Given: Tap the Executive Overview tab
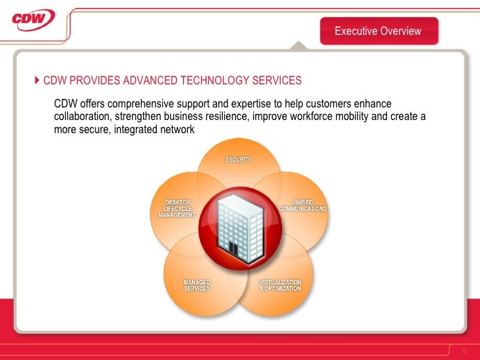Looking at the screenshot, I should click(378, 31).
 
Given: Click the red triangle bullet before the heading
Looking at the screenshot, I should click(37, 80).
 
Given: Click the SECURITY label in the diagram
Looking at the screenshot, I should click(238, 160).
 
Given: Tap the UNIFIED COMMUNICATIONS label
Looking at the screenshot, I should click(303, 205).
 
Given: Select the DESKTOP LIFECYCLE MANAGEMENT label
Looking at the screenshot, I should click(177, 208).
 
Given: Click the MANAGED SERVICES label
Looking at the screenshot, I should click(196, 285).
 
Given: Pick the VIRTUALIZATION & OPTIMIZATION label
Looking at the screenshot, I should click(280, 285).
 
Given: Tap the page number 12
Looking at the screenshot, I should click(464, 349).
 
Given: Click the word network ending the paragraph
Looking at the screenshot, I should click(175, 130).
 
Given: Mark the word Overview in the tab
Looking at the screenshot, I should click(400, 31).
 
